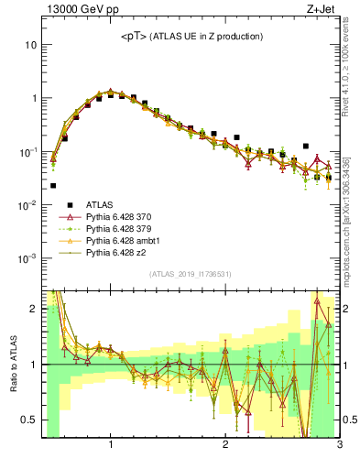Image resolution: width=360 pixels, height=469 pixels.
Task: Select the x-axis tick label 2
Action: click(225, 446)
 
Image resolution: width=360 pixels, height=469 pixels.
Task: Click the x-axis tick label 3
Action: click(339, 446)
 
